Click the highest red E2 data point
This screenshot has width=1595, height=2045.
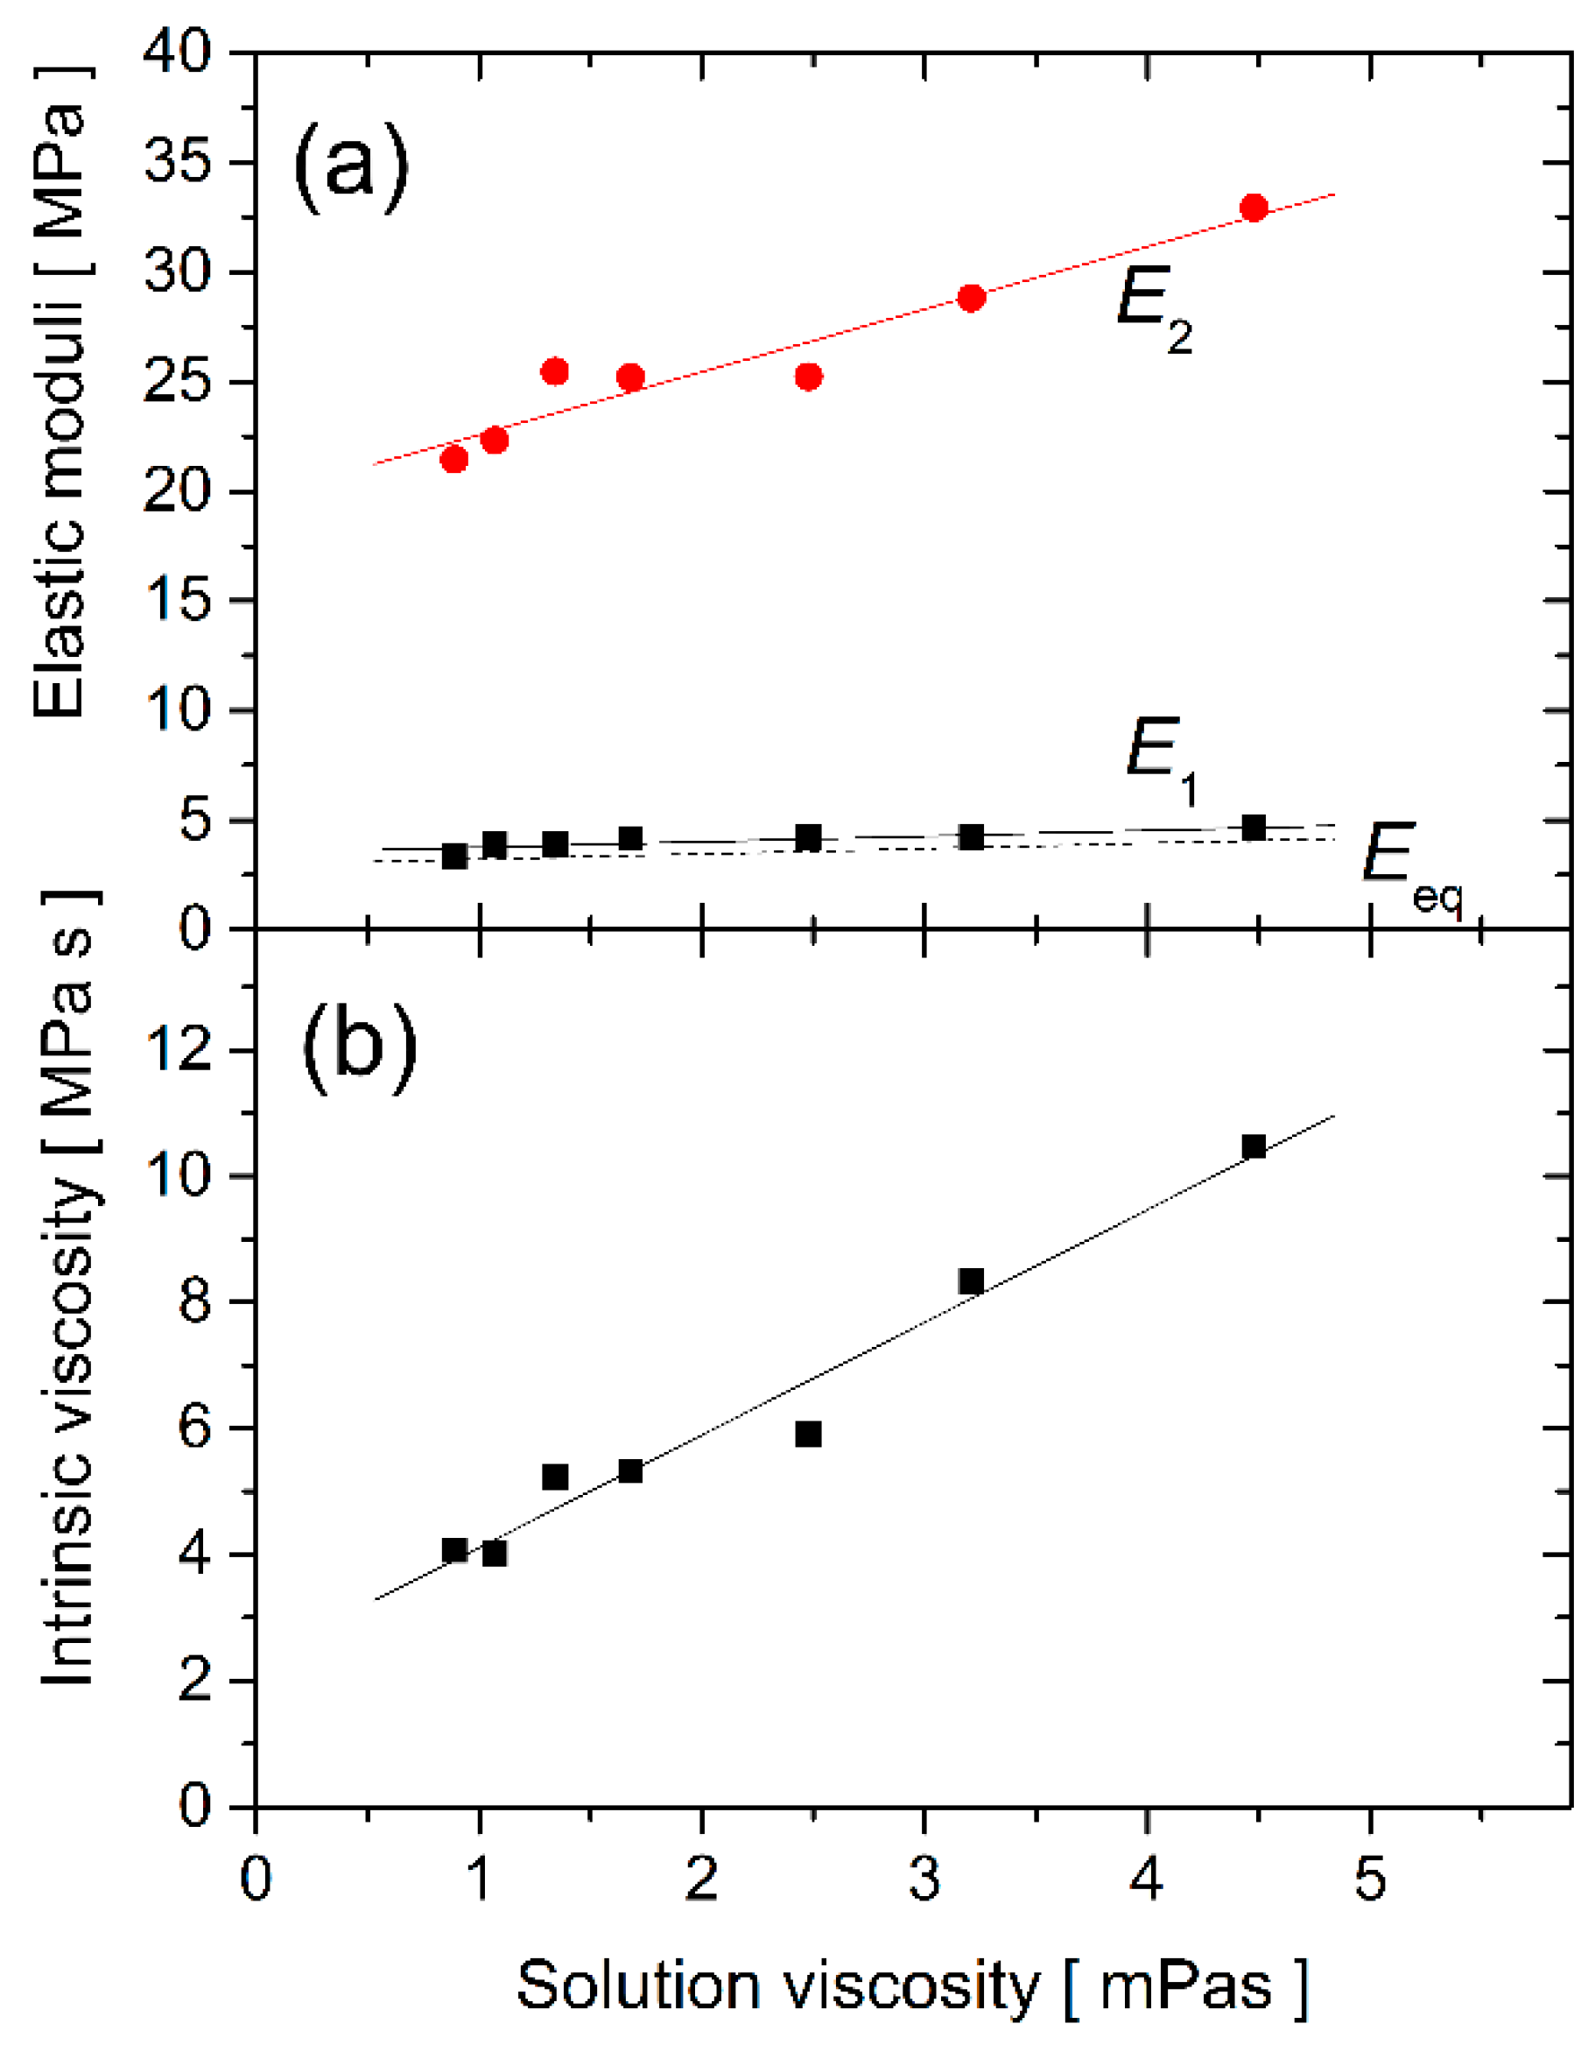[x=1254, y=208]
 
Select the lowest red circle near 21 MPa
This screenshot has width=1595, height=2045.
[x=454, y=459]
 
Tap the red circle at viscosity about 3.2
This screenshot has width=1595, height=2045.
[x=972, y=298]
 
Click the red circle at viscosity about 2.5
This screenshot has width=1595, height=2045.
[x=809, y=377]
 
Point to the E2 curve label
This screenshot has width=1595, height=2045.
[x=1153, y=309]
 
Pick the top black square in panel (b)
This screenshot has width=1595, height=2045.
[x=1254, y=1147]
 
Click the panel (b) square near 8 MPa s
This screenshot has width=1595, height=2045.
[x=971, y=1281]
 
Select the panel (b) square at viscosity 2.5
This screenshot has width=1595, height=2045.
[x=809, y=1435]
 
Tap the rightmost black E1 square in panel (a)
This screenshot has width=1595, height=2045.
[x=1254, y=828]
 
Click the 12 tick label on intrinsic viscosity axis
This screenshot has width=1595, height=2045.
[x=179, y=1051]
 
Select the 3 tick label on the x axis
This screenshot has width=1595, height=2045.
[x=924, y=1878]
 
